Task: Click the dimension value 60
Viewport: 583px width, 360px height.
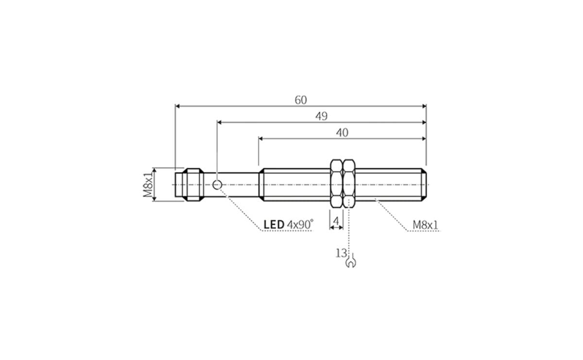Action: pos(301,100)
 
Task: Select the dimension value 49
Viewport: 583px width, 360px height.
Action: pos(322,116)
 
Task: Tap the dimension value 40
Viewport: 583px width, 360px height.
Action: pos(342,133)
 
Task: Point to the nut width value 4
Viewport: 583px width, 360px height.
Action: pos(336,222)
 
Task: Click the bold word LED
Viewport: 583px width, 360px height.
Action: pos(274,224)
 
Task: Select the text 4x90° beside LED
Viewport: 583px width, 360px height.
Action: pos(300,224)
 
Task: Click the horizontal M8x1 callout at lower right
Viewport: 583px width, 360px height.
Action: pos(425,225)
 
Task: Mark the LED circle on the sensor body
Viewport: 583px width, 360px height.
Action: pos(217,185)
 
